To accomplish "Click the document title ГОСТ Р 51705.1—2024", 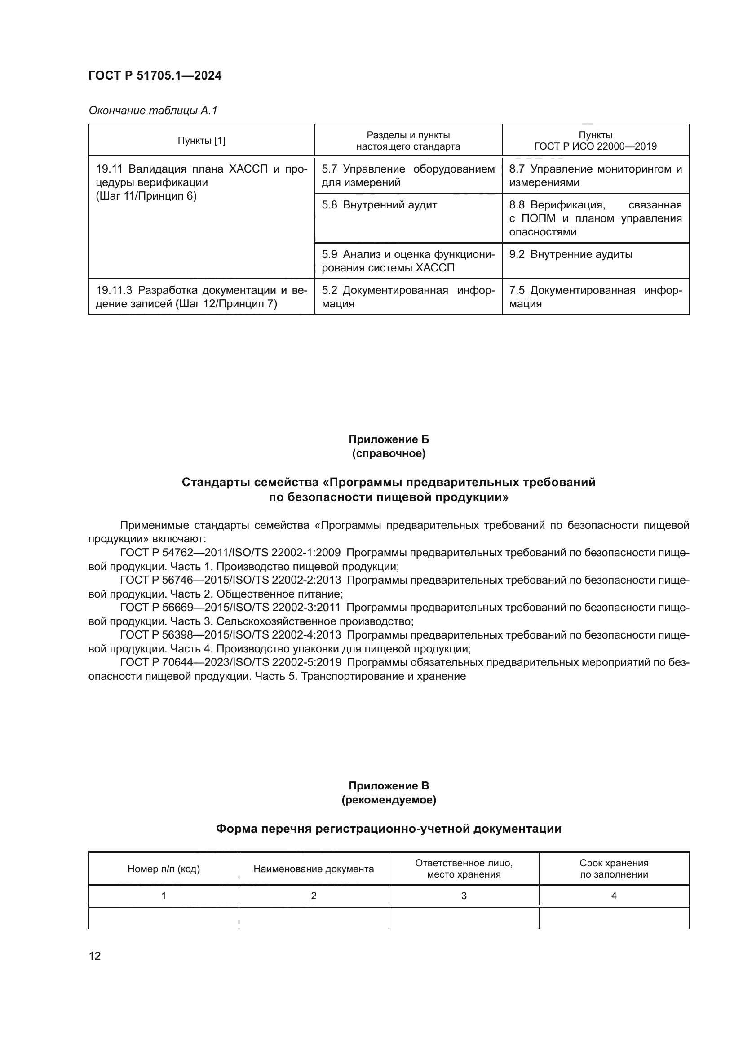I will click(x=155, y=75).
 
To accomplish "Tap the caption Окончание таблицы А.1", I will click(x=153, y=111).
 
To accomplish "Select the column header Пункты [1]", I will click(x=201, y=141).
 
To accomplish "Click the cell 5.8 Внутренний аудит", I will click(x=379, y=205).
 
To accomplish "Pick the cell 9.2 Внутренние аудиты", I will click(x=571, y=254).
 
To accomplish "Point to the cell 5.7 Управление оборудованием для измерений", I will click(x=407, y=176).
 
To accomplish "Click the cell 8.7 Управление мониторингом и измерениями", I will click(x=595, y=176).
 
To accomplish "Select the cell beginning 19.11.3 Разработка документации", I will click(x=201, y=297).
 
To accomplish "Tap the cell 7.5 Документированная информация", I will click(x=595, y=297).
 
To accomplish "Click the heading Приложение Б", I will click(x=389, y=439).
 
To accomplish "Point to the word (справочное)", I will click(x=389, y=454).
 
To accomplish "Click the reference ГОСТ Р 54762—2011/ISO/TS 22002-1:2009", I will click(x=230, y=553).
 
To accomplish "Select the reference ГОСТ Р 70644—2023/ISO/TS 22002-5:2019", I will click(x=230, y=662).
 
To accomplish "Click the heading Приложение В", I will click(x=389, y=786).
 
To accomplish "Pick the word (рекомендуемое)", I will click(x=389, y=800).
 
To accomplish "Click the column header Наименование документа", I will click(x=314, y=869).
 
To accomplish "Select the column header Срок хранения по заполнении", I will click(x=614, y=869).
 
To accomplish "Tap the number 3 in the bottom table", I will click(x=464, y=896).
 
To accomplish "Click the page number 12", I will click(x=95, y=956).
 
